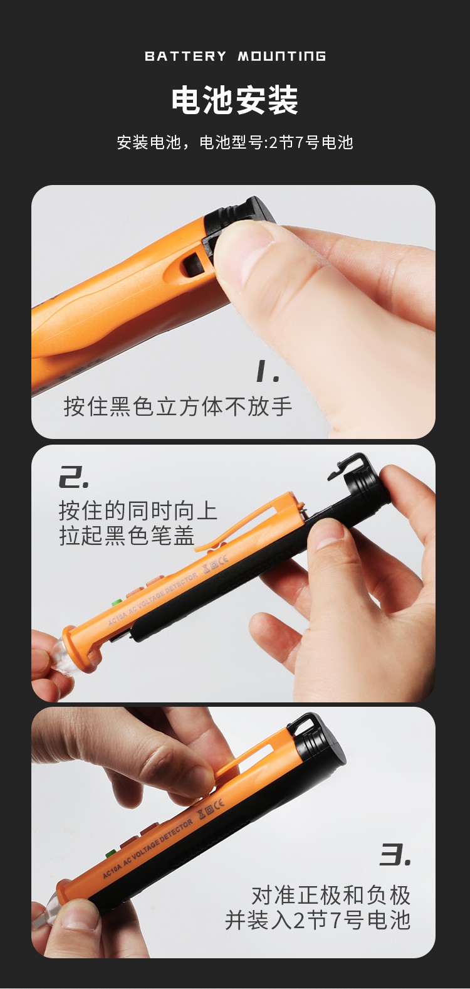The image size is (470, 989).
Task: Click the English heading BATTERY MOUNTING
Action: point(235,56)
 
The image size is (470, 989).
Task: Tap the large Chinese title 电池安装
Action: point(235,101)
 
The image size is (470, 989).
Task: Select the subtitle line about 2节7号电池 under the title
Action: point(235,142)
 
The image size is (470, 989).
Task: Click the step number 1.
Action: point(268,371)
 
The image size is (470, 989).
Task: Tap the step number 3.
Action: point(395,855)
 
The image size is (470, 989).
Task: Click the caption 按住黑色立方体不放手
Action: point(178,406)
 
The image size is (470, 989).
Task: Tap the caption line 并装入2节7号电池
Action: point(318,919)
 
